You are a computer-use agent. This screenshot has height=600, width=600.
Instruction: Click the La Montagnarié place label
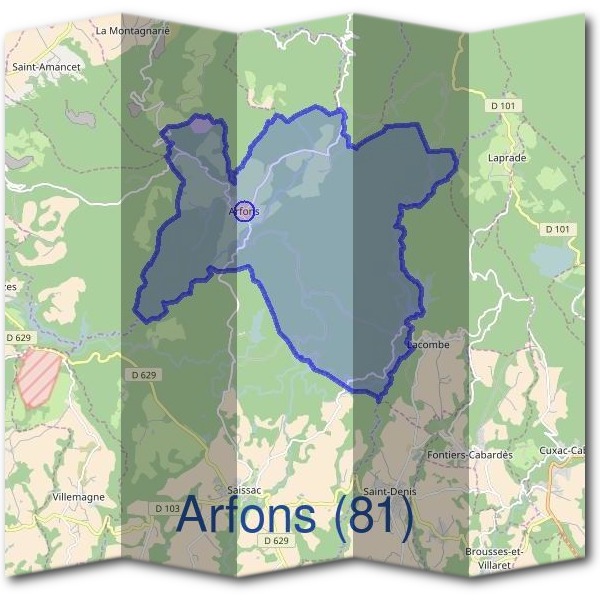[x=133, y=31]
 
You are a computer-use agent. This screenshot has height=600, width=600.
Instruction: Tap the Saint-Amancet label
[x=46, y=67]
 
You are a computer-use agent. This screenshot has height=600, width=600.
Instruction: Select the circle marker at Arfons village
[x=246, y=211]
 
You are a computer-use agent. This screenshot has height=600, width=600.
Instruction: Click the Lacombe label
[x=428, y=345]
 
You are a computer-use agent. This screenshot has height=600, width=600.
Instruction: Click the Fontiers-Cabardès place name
[x=469, y=454]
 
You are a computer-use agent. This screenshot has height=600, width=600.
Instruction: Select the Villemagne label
[x=78, y=496]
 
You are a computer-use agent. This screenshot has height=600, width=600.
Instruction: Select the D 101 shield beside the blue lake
[x=561, y=229]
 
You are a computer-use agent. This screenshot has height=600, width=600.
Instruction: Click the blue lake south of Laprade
[x=553, y=261]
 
